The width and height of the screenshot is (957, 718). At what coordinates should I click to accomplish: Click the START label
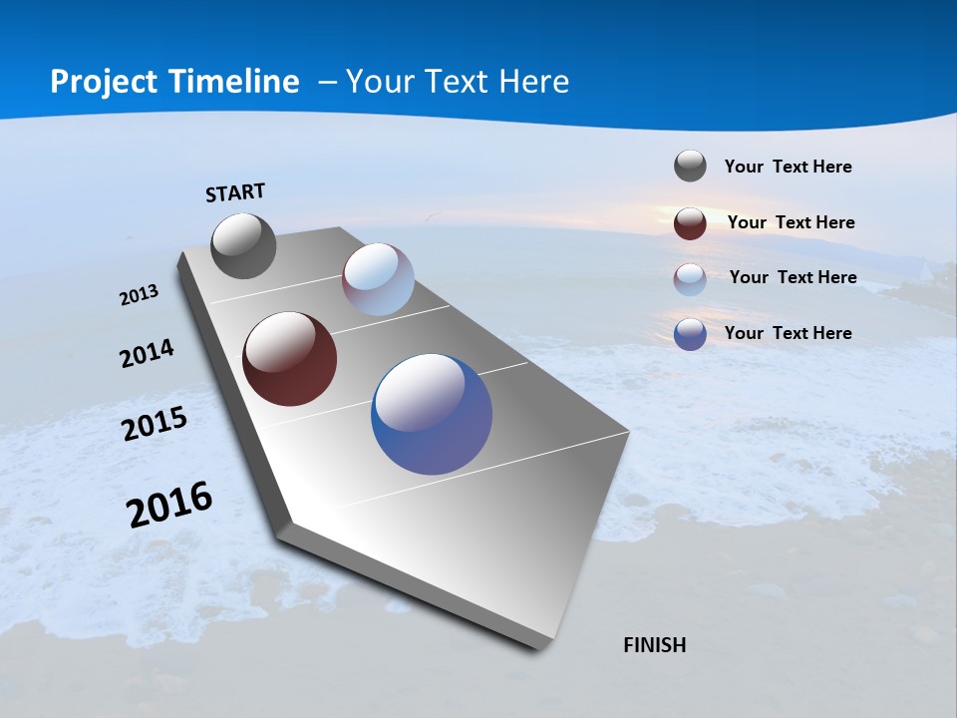point(235,192)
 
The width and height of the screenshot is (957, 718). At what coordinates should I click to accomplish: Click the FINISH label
point(654,645)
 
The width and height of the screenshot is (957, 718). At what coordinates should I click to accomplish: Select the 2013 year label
point(139,295)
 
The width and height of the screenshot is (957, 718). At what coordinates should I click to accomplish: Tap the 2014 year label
point(147,354)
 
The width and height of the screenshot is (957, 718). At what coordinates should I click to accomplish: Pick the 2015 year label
point(155,424)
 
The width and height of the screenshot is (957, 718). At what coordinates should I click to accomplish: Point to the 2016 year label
point(169,505)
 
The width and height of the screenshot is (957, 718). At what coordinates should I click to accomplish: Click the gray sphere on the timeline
point(243,245)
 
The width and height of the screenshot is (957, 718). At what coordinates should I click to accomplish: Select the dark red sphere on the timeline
point(289,359)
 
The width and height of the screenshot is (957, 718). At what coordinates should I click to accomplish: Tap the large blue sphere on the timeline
point(432,414)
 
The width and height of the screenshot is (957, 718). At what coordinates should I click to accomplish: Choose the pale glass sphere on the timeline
point(378,279)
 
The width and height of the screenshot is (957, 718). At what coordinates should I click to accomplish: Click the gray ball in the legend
point(690,166)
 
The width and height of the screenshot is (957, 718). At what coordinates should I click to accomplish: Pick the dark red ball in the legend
point(690,223)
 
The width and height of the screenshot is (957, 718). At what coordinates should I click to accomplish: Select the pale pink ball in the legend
point(690,279)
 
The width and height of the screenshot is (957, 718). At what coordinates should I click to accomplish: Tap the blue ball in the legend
point(690,334)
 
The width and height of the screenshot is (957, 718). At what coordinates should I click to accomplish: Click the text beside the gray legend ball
point(788,167)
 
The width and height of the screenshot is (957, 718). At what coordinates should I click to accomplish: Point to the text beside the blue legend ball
point(788,333)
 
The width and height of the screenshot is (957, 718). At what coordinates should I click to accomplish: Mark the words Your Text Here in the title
point(458,82)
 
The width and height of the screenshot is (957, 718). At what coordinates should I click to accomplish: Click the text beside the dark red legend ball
point(791,222)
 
